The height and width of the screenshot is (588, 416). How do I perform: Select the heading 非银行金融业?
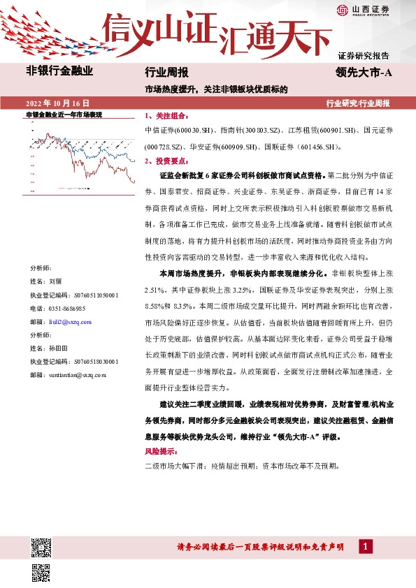[59, 71]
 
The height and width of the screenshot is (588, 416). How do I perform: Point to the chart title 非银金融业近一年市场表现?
[64, 114]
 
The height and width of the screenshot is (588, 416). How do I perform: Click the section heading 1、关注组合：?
[165, 116]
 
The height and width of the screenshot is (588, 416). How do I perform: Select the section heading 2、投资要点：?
[165, 161]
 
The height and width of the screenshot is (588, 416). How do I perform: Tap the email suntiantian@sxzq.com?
[78, 375]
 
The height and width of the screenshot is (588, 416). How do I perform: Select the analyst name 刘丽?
[55, 280]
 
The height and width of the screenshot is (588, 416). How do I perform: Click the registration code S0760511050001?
[86, 295]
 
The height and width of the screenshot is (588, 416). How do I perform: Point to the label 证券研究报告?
[363, 55]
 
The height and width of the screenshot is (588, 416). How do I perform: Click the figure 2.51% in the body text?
[154, 289]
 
